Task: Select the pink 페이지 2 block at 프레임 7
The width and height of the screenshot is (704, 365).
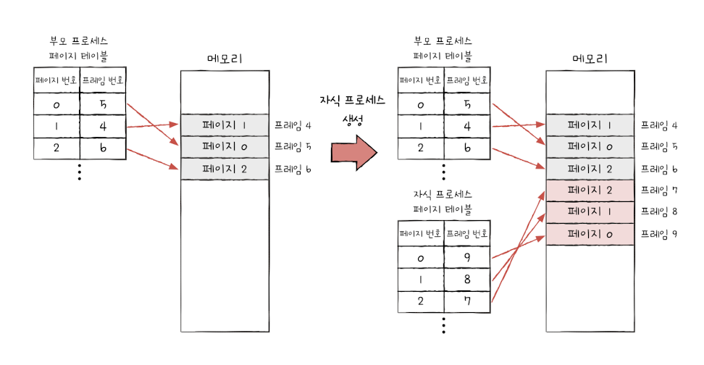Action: coord(591,190)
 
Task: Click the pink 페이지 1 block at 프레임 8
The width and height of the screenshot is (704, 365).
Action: coord(591,212)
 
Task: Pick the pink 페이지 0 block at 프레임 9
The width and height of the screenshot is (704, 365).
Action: coord(591,234)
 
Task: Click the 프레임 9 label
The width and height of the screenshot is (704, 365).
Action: coord(659,234)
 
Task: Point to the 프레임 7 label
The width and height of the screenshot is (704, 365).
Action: coord(659,190)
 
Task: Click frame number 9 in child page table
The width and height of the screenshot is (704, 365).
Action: coord(467,257)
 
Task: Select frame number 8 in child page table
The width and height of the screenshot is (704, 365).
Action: coord(467,279)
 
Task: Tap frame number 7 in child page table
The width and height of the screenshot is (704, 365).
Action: coord(467,301)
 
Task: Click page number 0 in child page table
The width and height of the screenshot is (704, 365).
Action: coord(421,257)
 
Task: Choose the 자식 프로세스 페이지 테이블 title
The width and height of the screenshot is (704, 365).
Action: coord(443,202)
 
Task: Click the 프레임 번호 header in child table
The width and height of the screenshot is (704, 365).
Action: coord(467,234)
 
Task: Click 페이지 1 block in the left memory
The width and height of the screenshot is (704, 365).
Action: coord(225,125)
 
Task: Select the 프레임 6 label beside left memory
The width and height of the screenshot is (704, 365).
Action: coord(293,169)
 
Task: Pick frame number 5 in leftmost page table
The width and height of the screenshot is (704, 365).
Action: coord(104,105)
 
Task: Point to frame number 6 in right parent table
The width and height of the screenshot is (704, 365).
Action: coord(467,148)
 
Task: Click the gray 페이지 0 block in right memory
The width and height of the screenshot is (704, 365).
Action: coord(591,147)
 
